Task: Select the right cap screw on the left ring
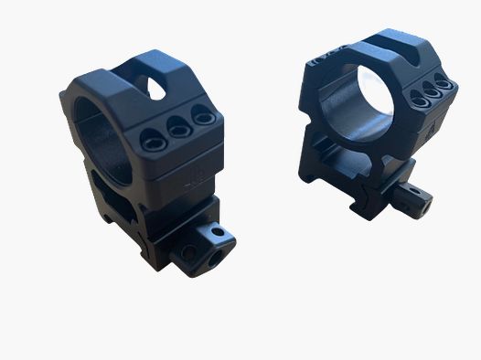pyautogui.click(x=198, y=117)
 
